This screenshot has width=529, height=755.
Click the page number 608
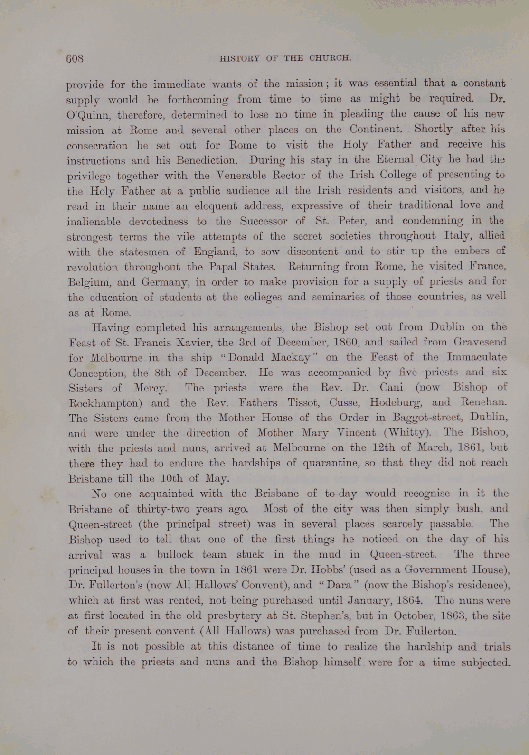pyautogui.click(x=75, y=58)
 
